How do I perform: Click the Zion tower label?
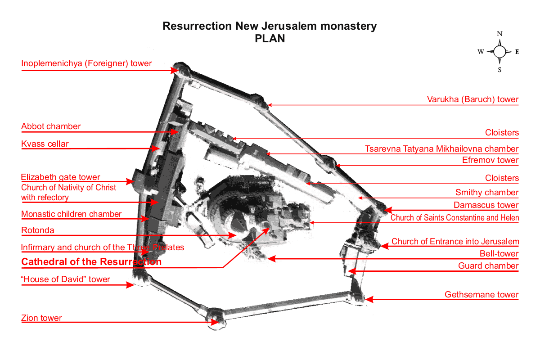coord(41,318)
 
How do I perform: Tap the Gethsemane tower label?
coord(481,295)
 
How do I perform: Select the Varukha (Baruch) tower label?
coord(472,99)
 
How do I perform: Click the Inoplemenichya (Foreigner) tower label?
coord(86,63)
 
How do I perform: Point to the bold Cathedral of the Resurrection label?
coord(91,262)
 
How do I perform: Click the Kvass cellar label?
coord(45,144)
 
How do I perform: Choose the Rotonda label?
coord(38,230)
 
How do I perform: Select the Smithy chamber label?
coord(487,193)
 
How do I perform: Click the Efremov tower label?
coord(490,160)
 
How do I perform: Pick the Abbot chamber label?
coord(51,126)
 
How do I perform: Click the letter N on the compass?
coord(499,34)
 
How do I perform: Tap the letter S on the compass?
coord(499,70)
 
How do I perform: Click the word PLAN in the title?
coord(270,39)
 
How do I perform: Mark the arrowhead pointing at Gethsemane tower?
coord(369,299)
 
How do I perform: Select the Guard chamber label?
coord(488,266)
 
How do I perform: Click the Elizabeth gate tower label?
coord(61,177)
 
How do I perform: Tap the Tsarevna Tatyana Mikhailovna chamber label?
coord(442,149)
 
